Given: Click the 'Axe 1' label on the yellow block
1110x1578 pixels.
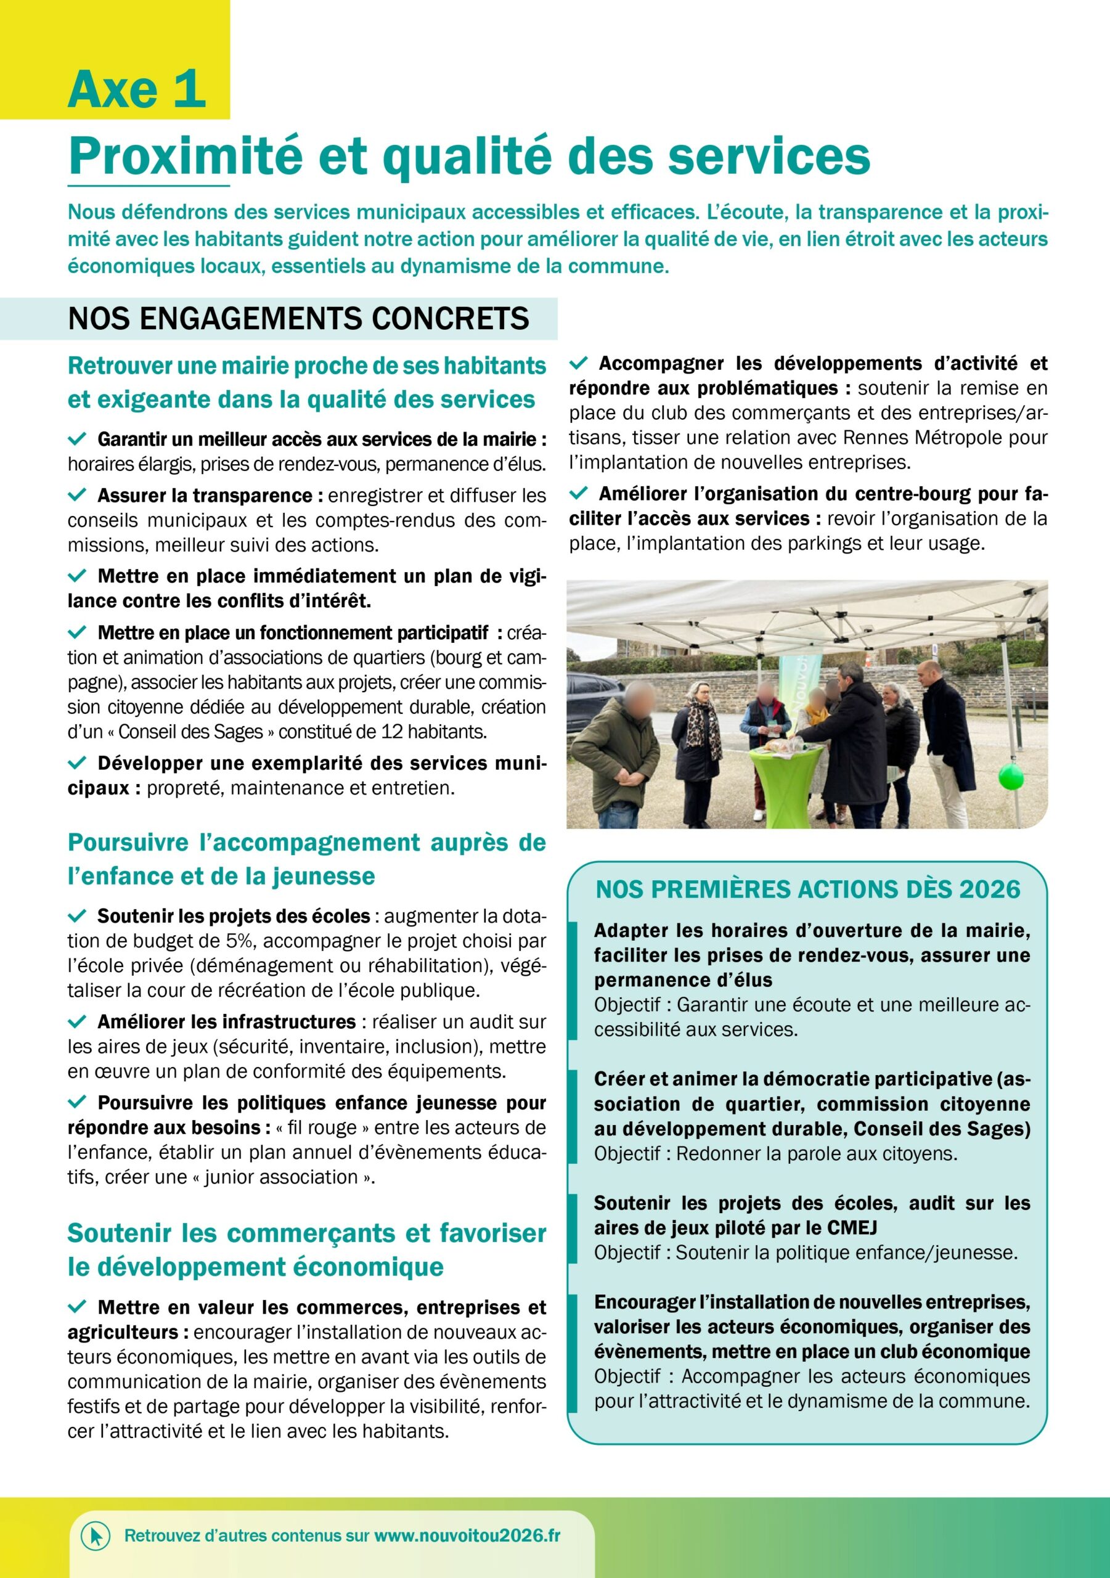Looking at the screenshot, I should point(137,90).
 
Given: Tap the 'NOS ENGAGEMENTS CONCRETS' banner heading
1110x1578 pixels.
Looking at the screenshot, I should point(298,319).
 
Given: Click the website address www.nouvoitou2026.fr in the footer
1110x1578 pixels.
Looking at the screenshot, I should point(467,1535).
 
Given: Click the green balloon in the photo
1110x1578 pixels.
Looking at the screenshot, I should point(1010,777).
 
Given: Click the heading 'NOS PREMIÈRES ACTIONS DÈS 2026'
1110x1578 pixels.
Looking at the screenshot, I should point(807,889).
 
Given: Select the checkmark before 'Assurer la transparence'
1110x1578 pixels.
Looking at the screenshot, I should point(77,495).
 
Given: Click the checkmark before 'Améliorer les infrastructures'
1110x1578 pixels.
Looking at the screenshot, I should point(77,1021).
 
